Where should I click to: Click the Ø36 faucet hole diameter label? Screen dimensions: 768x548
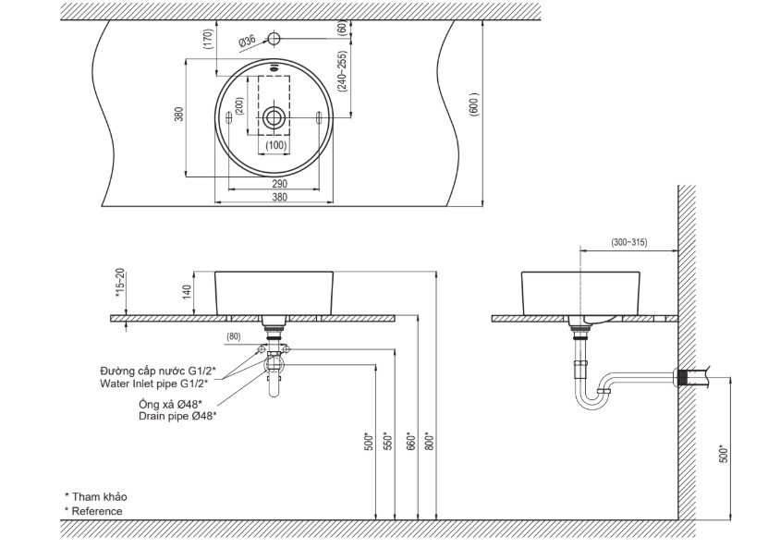tap(248, 42)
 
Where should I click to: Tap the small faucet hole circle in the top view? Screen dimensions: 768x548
tap(274, 38)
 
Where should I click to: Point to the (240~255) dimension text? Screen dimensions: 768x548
tap(342, 71)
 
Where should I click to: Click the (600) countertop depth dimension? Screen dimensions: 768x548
tap(473, 104)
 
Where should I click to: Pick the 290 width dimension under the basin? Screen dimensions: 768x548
tap(279, 184)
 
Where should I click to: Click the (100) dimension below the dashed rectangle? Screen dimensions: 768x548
tap(275, 145)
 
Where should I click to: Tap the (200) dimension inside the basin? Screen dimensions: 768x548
tap(239, 105)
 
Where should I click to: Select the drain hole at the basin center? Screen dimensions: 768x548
tap(274, 117)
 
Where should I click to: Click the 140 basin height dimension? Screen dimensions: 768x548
tap(187, 292)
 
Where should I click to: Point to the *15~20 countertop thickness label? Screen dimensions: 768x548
tap(120, 283)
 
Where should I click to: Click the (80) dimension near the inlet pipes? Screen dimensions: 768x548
tap(234, 337)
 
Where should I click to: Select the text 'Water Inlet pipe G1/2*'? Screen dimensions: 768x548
tap(153, 383)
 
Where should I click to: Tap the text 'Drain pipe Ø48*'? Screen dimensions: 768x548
tap(177, 416)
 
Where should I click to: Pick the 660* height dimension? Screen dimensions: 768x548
tap(411, 440)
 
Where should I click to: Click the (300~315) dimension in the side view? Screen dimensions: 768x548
tap(629, 242)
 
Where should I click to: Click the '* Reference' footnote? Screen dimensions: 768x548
tap(93, 511)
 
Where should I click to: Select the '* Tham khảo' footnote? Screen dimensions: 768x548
tap(95, 497)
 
